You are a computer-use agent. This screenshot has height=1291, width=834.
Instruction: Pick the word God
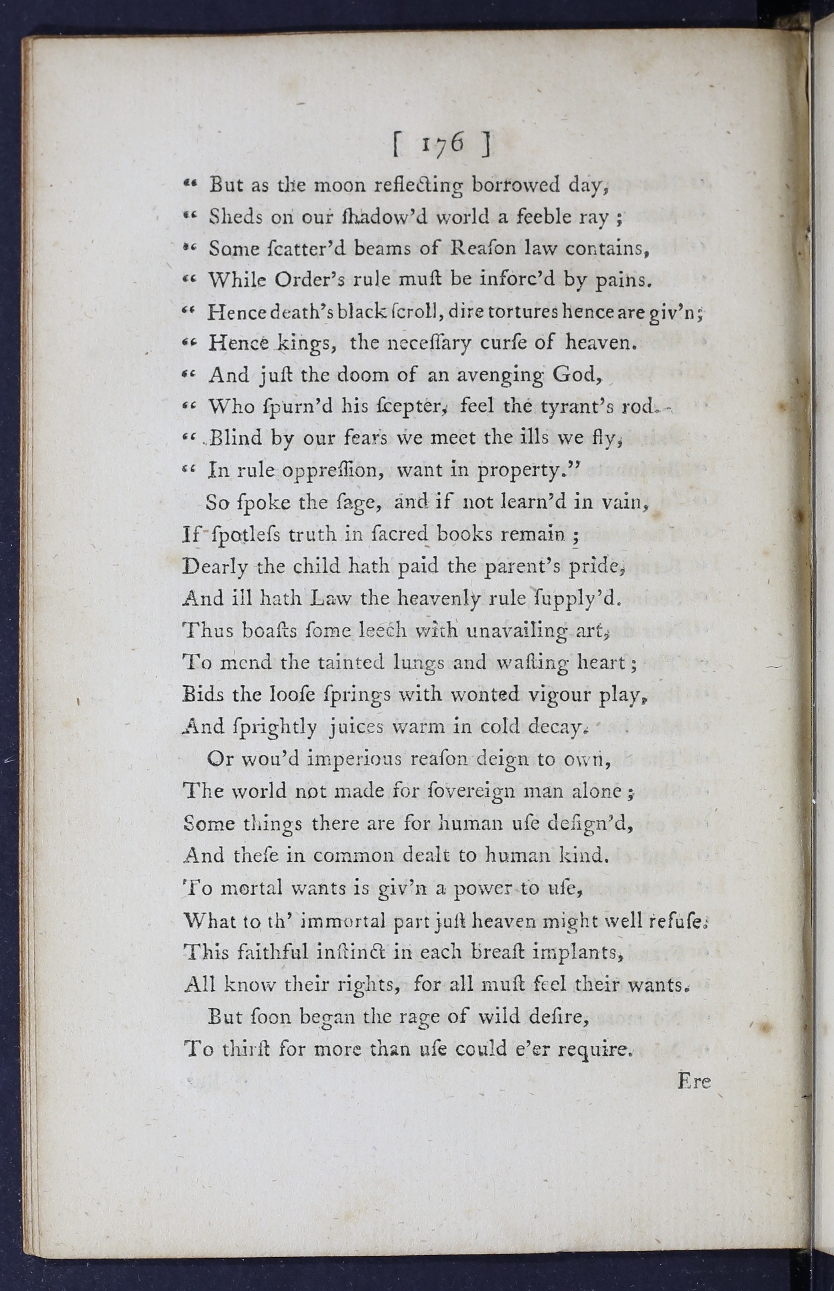pyautogui.click(x=575, y=374)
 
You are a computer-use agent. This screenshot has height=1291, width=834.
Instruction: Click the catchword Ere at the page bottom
pyautogui.click(x=694, y=1081)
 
